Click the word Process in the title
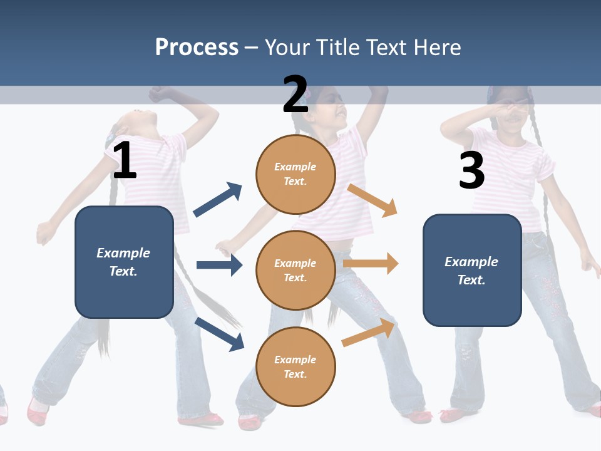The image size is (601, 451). (x=197, y=47)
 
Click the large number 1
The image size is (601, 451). (x=125, y=161)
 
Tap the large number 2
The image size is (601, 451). (x=295, y=95)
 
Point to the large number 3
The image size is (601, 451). (x=471, y=170)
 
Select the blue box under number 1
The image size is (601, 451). (x=124, y=262)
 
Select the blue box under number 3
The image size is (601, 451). (x=472, y=270)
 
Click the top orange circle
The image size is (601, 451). (x=295, y=174)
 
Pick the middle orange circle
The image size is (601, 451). (x=295, y=271)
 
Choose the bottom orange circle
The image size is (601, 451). (x=295, y=367)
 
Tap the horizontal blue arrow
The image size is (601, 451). (x=219, y=265)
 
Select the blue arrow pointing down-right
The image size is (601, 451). (x=219, y=333)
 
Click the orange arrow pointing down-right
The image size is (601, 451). (x=372, y=200)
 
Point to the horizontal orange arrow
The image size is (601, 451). (x=371, y=264)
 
